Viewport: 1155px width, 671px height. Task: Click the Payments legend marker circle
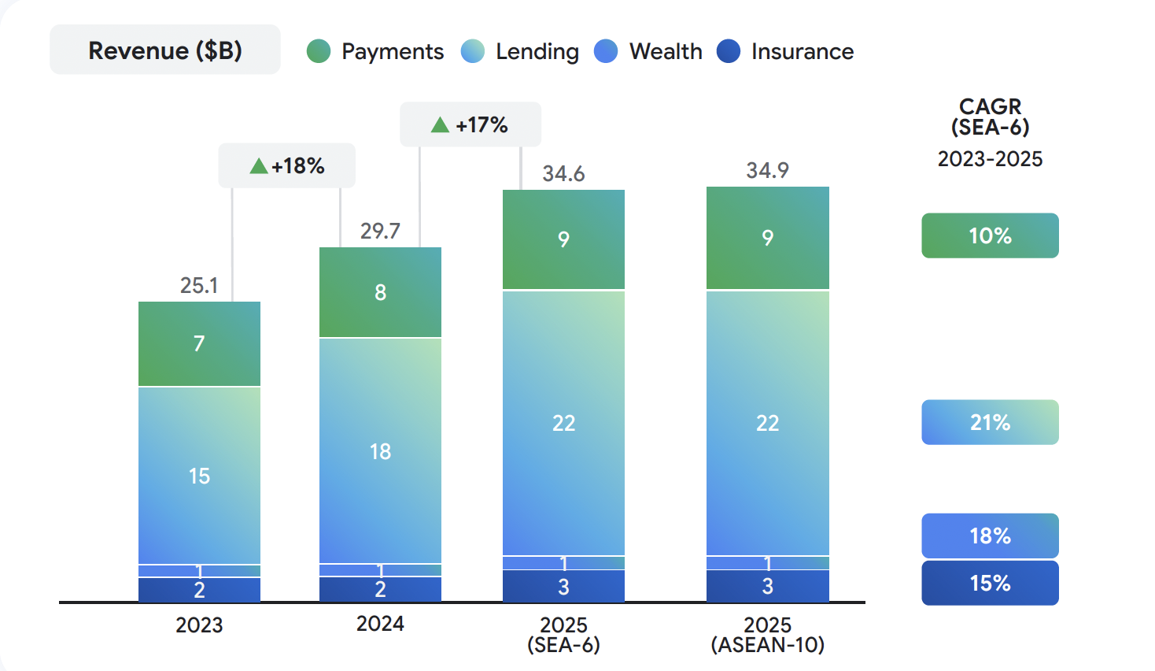click(319, 51)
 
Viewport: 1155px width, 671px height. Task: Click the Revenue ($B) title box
click(165, 50)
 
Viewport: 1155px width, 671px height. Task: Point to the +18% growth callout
click(287, 165)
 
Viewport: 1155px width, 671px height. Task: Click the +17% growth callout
click(470, 124)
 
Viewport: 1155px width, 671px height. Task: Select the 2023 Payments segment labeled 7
click(199, 343)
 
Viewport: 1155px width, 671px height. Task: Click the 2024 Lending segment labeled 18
click(380, 451)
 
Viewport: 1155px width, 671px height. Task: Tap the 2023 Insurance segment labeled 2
click(199, 590)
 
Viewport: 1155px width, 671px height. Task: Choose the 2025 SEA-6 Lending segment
click(563, 423)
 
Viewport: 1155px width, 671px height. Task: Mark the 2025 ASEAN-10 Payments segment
click(767, 238)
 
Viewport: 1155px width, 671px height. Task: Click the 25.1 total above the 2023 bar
click(199, 285)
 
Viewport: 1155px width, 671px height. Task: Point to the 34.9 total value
click(767, 170)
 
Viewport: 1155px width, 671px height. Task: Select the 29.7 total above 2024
click(380, 231)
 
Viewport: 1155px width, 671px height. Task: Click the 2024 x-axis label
click(380, 624)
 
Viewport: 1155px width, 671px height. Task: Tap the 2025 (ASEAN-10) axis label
click(767, 635)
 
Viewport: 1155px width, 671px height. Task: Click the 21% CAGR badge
click(990, 422)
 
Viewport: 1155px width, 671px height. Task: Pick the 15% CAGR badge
click(990, 583)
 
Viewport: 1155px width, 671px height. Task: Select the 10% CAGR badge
click(990, 235)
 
